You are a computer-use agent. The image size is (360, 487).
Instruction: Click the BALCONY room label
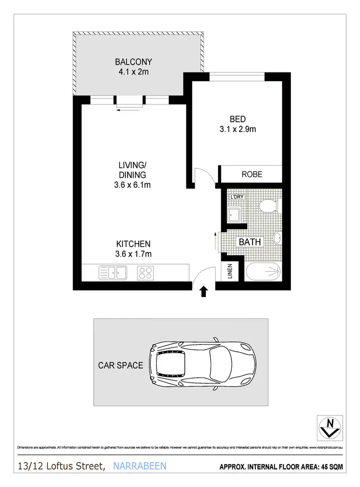click(133, 62)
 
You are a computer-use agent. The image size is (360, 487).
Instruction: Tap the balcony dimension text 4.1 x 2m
click(133, 71)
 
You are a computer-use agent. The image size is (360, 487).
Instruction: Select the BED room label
click(238, 119)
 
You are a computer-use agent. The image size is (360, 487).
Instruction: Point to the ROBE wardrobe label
click(252, 174)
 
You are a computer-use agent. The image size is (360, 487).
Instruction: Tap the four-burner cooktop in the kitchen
click(145, 273)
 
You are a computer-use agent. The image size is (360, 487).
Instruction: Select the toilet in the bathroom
click(267, 206)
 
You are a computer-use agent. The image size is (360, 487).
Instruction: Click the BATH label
click(250, 242)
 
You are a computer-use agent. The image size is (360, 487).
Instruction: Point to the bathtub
click(263, 272)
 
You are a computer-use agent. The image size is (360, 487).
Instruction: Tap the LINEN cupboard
click(229, 272)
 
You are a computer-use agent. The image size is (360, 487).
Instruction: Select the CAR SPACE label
click(120, 366)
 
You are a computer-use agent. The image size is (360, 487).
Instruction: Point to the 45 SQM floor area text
click(332, 466)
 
